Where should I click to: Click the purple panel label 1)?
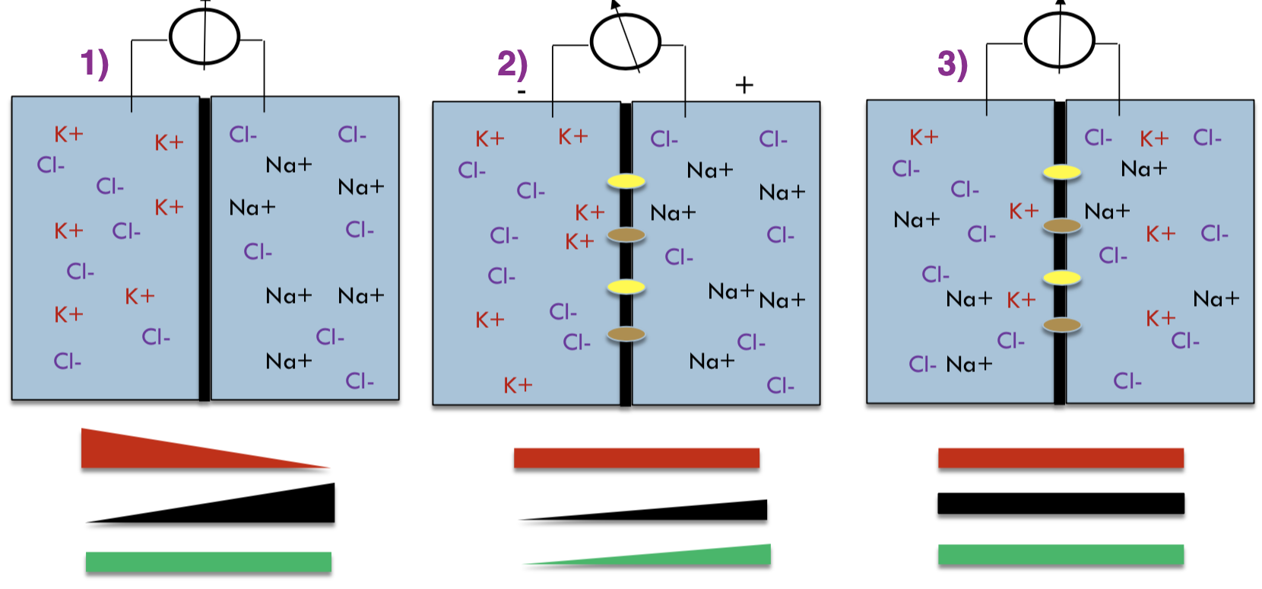coord(94,63)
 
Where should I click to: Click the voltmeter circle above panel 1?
coord(205,37)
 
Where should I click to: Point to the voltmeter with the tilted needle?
coord(626,41)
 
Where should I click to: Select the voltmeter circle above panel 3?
coord(1059,39)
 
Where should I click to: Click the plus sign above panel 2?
coord(744,84)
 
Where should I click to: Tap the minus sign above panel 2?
coord(522,92)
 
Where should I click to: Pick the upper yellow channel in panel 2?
coord(626,181)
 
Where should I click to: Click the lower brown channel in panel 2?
coord(626,333)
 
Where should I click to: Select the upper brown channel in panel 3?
coord(1061,225)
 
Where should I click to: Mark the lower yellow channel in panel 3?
coord(1061,278)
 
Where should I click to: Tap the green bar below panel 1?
coord(208,562)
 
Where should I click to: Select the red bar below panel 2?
coord(636,458)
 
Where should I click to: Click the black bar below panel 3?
coord(1061,503)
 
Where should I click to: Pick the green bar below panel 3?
coord(1061,555)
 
